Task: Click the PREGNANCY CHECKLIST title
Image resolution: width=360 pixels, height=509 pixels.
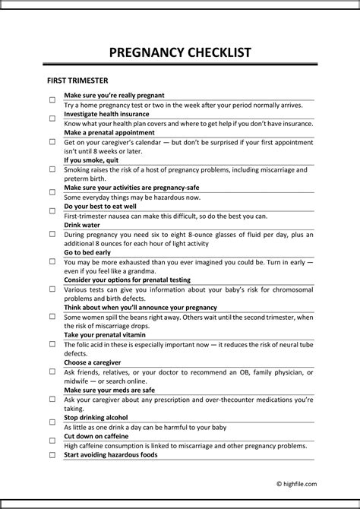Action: pos(180,52)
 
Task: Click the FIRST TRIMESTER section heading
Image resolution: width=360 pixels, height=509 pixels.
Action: pos(77,80)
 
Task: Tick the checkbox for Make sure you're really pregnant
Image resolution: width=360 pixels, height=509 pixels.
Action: pos(52,100)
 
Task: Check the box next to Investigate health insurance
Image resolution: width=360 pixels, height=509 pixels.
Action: pos(52,119)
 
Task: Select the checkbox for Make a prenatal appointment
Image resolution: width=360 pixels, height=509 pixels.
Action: pos(52,141)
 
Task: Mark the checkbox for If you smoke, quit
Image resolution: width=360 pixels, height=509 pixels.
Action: pos(52,169)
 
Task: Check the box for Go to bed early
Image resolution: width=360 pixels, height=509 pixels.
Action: pos(52,261)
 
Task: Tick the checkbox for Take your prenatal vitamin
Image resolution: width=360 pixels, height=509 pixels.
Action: pos(52,343)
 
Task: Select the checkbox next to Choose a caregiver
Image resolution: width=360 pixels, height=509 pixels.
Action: pos(52,371)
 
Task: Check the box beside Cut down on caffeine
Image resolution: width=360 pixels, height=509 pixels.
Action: pos(52,441)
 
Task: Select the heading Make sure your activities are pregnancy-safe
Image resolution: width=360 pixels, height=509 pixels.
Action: pos(132,188)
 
